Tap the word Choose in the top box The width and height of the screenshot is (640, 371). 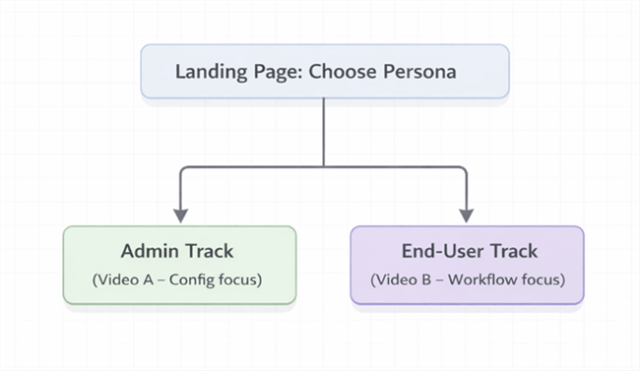pyautogui.click(x=344, y=72)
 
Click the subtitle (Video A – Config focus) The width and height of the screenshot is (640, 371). pyautogui.click(x=178, y=279)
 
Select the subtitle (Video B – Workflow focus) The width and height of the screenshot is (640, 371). pyautogui.click(x=468, y=279)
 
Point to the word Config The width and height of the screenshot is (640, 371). pyautogui.click(x=192, y=279)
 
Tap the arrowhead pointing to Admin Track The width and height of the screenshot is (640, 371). pyautogui.click(x=179, y=214)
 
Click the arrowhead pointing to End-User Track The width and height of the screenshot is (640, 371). pyautogui.click(x=468, y=214)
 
